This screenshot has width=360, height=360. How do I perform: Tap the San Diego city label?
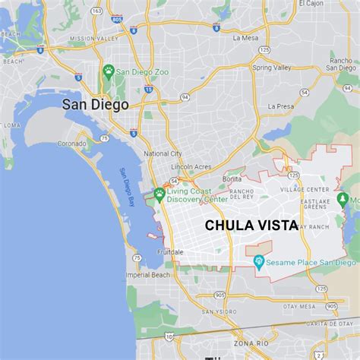point(95,105)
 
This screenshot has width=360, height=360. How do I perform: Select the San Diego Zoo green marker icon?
point(109,71)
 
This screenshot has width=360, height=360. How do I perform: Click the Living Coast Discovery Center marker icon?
point(159,194)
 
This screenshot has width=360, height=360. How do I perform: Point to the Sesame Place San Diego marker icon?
point(259,263)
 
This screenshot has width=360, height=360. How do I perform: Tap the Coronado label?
point(72,143)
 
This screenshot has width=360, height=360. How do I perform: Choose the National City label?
point(163,153)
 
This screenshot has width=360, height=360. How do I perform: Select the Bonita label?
point(232,178)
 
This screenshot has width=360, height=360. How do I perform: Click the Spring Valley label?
point(271,68)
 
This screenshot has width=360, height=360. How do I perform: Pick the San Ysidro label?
point(218,311)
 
